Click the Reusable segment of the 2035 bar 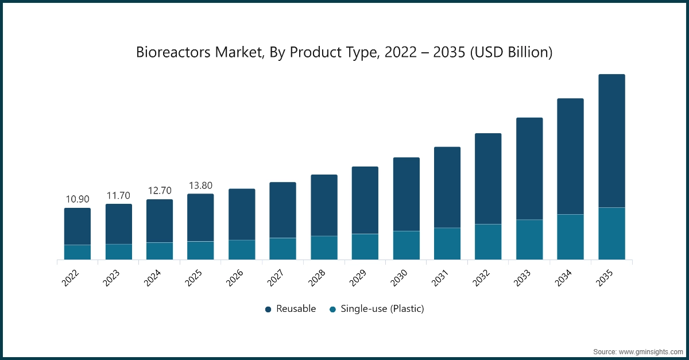point(611,141)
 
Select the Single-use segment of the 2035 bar point(611,233)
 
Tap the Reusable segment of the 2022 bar point(77,226)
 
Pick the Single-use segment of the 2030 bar point(406,245)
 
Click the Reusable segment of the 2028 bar point(324,205)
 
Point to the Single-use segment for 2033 point(529,239)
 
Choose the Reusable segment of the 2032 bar point(488,179)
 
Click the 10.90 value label point(78,199)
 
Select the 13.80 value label point(200,185)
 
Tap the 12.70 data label point(160,191)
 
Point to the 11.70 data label point(119,196)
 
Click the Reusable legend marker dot point(268,309)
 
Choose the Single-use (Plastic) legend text point(382,309)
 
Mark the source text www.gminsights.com point(651,350)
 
